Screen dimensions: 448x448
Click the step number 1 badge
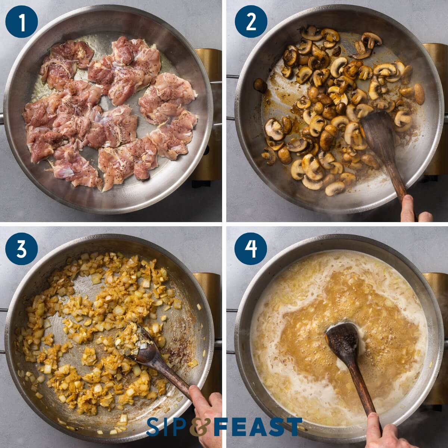[21, 21]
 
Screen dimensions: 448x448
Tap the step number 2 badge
[251, 21]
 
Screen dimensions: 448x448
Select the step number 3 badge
[21, 248]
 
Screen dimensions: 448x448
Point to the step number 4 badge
[251, 248]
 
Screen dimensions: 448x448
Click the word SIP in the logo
[167, 427]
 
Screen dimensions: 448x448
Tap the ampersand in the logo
[200, 427]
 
